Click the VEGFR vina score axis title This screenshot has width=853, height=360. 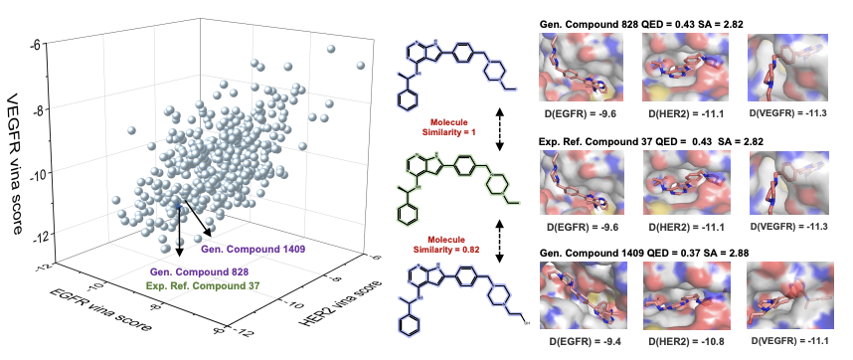point(16,164)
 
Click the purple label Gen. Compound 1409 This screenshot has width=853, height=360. point(245,250)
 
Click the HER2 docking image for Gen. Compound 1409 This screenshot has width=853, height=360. point(684,294)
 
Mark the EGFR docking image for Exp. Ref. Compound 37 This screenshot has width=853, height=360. point(581,184)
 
